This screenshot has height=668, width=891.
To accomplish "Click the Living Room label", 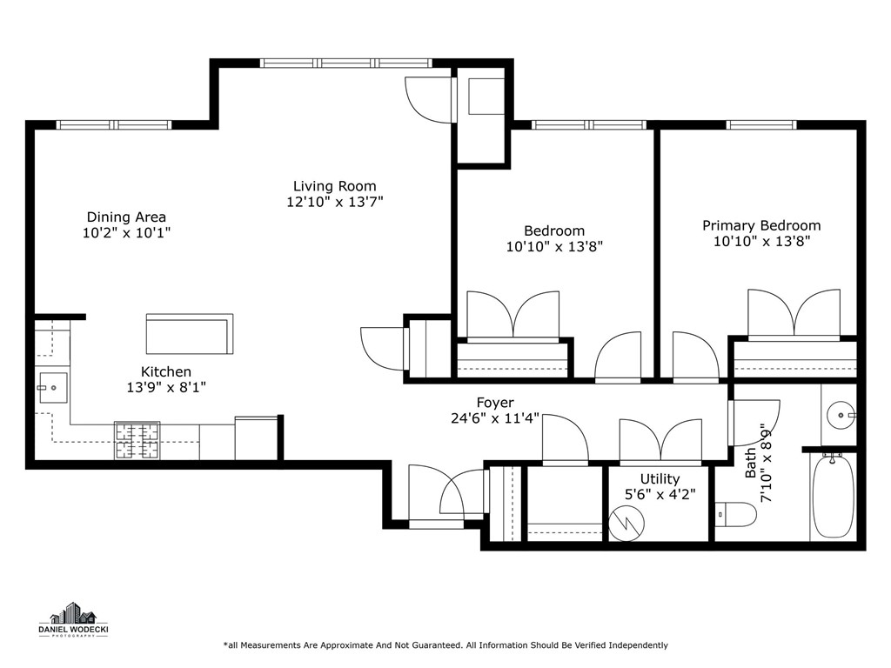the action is (335, 186).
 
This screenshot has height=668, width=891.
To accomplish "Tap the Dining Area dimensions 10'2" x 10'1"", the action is (127, 233).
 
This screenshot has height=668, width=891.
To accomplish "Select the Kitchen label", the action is (166, 372).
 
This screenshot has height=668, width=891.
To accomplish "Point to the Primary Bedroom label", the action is (761, 226).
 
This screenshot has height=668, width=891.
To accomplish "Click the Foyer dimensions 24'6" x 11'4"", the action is (495, 418).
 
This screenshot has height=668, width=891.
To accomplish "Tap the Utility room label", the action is (660, 479).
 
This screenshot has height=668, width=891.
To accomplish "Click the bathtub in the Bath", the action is (833, 494).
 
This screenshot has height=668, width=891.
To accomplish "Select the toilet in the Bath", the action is (736, 515).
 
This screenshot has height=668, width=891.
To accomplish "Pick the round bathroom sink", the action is (841, 415).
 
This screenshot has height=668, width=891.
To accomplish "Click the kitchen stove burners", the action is (137, 441).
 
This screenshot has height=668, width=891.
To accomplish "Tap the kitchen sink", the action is (53, 388).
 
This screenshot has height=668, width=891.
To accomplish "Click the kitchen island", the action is (190, 334).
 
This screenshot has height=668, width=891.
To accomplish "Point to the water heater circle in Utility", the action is (626, 523).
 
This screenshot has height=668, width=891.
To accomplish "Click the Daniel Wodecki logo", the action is (74, 619).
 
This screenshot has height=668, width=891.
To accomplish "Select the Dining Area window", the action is (114, 125).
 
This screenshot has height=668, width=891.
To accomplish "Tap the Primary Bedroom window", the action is (760, 125).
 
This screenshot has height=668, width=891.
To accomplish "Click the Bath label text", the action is (751, 463).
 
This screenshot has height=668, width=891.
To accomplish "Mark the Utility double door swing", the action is (661, 441).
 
